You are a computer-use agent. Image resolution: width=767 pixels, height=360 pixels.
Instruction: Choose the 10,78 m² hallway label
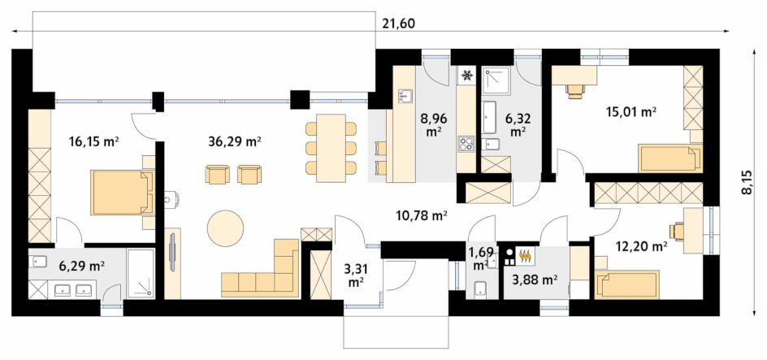tap(421, 215)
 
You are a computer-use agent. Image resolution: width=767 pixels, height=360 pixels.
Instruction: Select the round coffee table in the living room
tap(226, 228)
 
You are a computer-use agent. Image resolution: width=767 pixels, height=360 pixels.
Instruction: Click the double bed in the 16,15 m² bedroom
tap(123, 193)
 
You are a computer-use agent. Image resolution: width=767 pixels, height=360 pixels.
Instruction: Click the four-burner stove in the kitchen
tap(466, 144)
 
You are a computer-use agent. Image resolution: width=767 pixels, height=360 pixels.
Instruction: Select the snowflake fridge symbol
tap(467, 75)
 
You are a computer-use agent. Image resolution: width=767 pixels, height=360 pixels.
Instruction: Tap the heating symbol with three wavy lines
tap(526, 255)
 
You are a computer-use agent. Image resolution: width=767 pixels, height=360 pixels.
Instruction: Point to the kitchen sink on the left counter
tap(405, 97)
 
